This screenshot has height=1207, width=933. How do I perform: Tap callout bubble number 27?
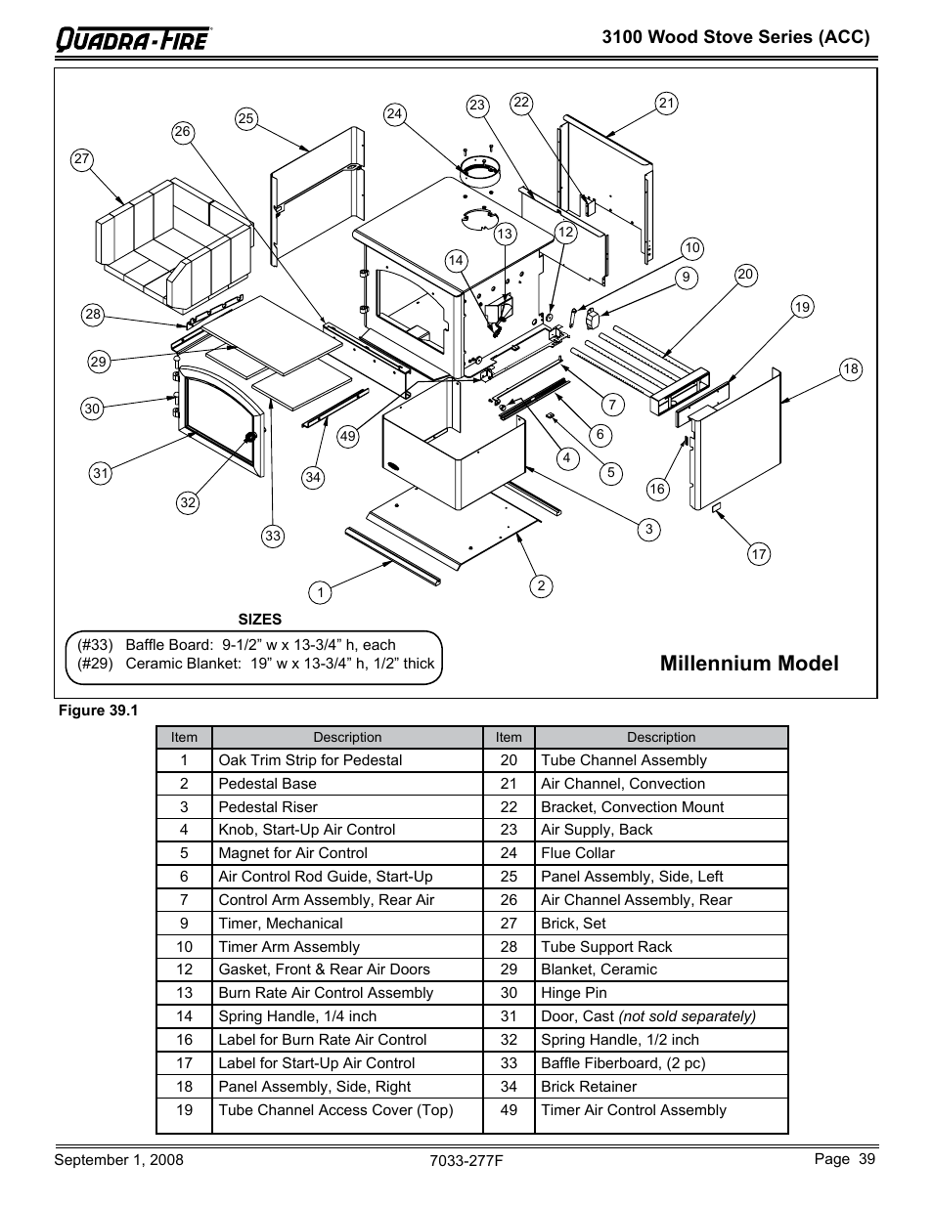(81, 159)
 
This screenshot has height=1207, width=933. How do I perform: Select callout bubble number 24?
(394, 113)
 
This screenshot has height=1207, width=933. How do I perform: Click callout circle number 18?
(850, 368)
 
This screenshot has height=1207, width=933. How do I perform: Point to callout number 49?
(347, 437)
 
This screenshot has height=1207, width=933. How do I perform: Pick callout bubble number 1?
(319, 591)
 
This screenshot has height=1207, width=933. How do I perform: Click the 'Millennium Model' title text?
(749, 664)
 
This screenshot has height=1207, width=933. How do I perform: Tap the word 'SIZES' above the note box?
(259, 620)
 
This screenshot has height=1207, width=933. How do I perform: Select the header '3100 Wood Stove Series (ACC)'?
(735, 37)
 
